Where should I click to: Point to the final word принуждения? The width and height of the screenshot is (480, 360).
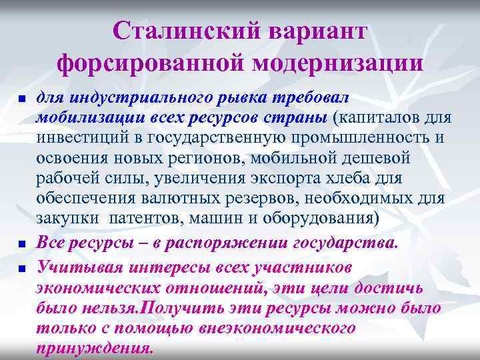[95, 349]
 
